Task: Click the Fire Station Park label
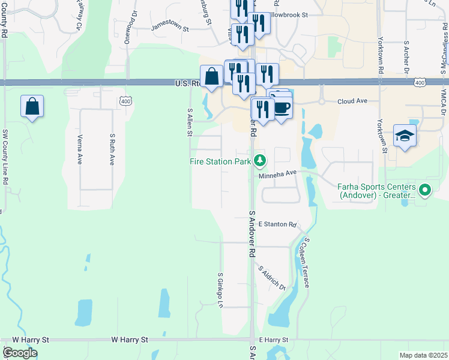(x=220, y=161)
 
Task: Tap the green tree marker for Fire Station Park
(x=260, y=160)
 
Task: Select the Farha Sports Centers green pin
(x=425, y=191)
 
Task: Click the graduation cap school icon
(x=405, y=136)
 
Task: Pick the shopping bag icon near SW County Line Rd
(x=32, y=107)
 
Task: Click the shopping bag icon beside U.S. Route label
(x=211, y=77)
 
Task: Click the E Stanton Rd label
(x=277, y=225)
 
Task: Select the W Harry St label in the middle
(x=130, y=340)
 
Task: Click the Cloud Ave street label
(x=352, y=101)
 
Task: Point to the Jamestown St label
(x=170, y=28)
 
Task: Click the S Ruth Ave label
(x=112, y=149)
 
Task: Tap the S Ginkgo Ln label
(x=220, y=289)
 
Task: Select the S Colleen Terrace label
(x=306, y=262)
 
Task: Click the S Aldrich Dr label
(x=272, y=277)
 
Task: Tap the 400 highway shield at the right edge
(x=420, y=82)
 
